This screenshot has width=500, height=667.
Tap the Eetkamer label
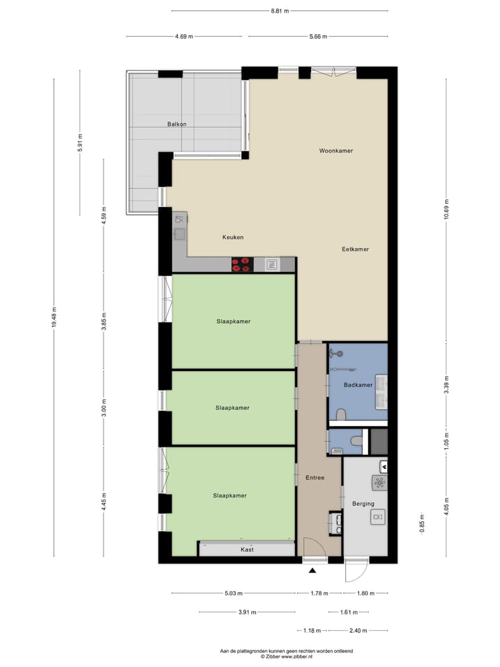(x=355, y=249)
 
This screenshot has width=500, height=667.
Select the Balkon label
(x=176, y=124)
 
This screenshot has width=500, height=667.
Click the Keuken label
(x=233, y=237)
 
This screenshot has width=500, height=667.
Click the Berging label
(x=363, y=504)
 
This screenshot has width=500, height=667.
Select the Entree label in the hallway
(x=315, y=478)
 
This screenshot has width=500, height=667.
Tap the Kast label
(x=247, y=550)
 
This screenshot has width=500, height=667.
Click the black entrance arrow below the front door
(x=312, y=570)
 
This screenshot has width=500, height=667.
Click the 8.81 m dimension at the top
(x=279, y=11)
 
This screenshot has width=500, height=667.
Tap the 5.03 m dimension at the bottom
(x=233, y=593)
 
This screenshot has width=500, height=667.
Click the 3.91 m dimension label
(x=247, y=612)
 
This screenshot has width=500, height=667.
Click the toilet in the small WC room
(x=356, y=440)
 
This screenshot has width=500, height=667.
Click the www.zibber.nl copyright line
(x=286, y=656)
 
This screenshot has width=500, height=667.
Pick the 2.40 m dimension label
(x=358, y=630)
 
